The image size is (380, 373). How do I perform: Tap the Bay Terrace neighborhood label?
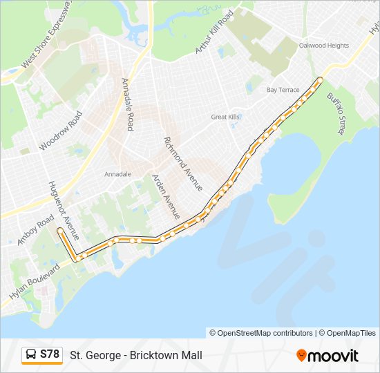283,90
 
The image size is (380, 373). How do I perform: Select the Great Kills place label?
225,117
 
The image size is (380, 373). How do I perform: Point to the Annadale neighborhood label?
117,174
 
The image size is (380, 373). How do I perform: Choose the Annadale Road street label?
127,104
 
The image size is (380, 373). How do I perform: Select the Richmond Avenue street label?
183,164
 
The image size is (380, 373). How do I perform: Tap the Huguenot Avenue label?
64,211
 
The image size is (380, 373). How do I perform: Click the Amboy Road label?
35,230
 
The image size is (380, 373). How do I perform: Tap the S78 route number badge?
50,355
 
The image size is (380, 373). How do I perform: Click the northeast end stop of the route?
320,80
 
